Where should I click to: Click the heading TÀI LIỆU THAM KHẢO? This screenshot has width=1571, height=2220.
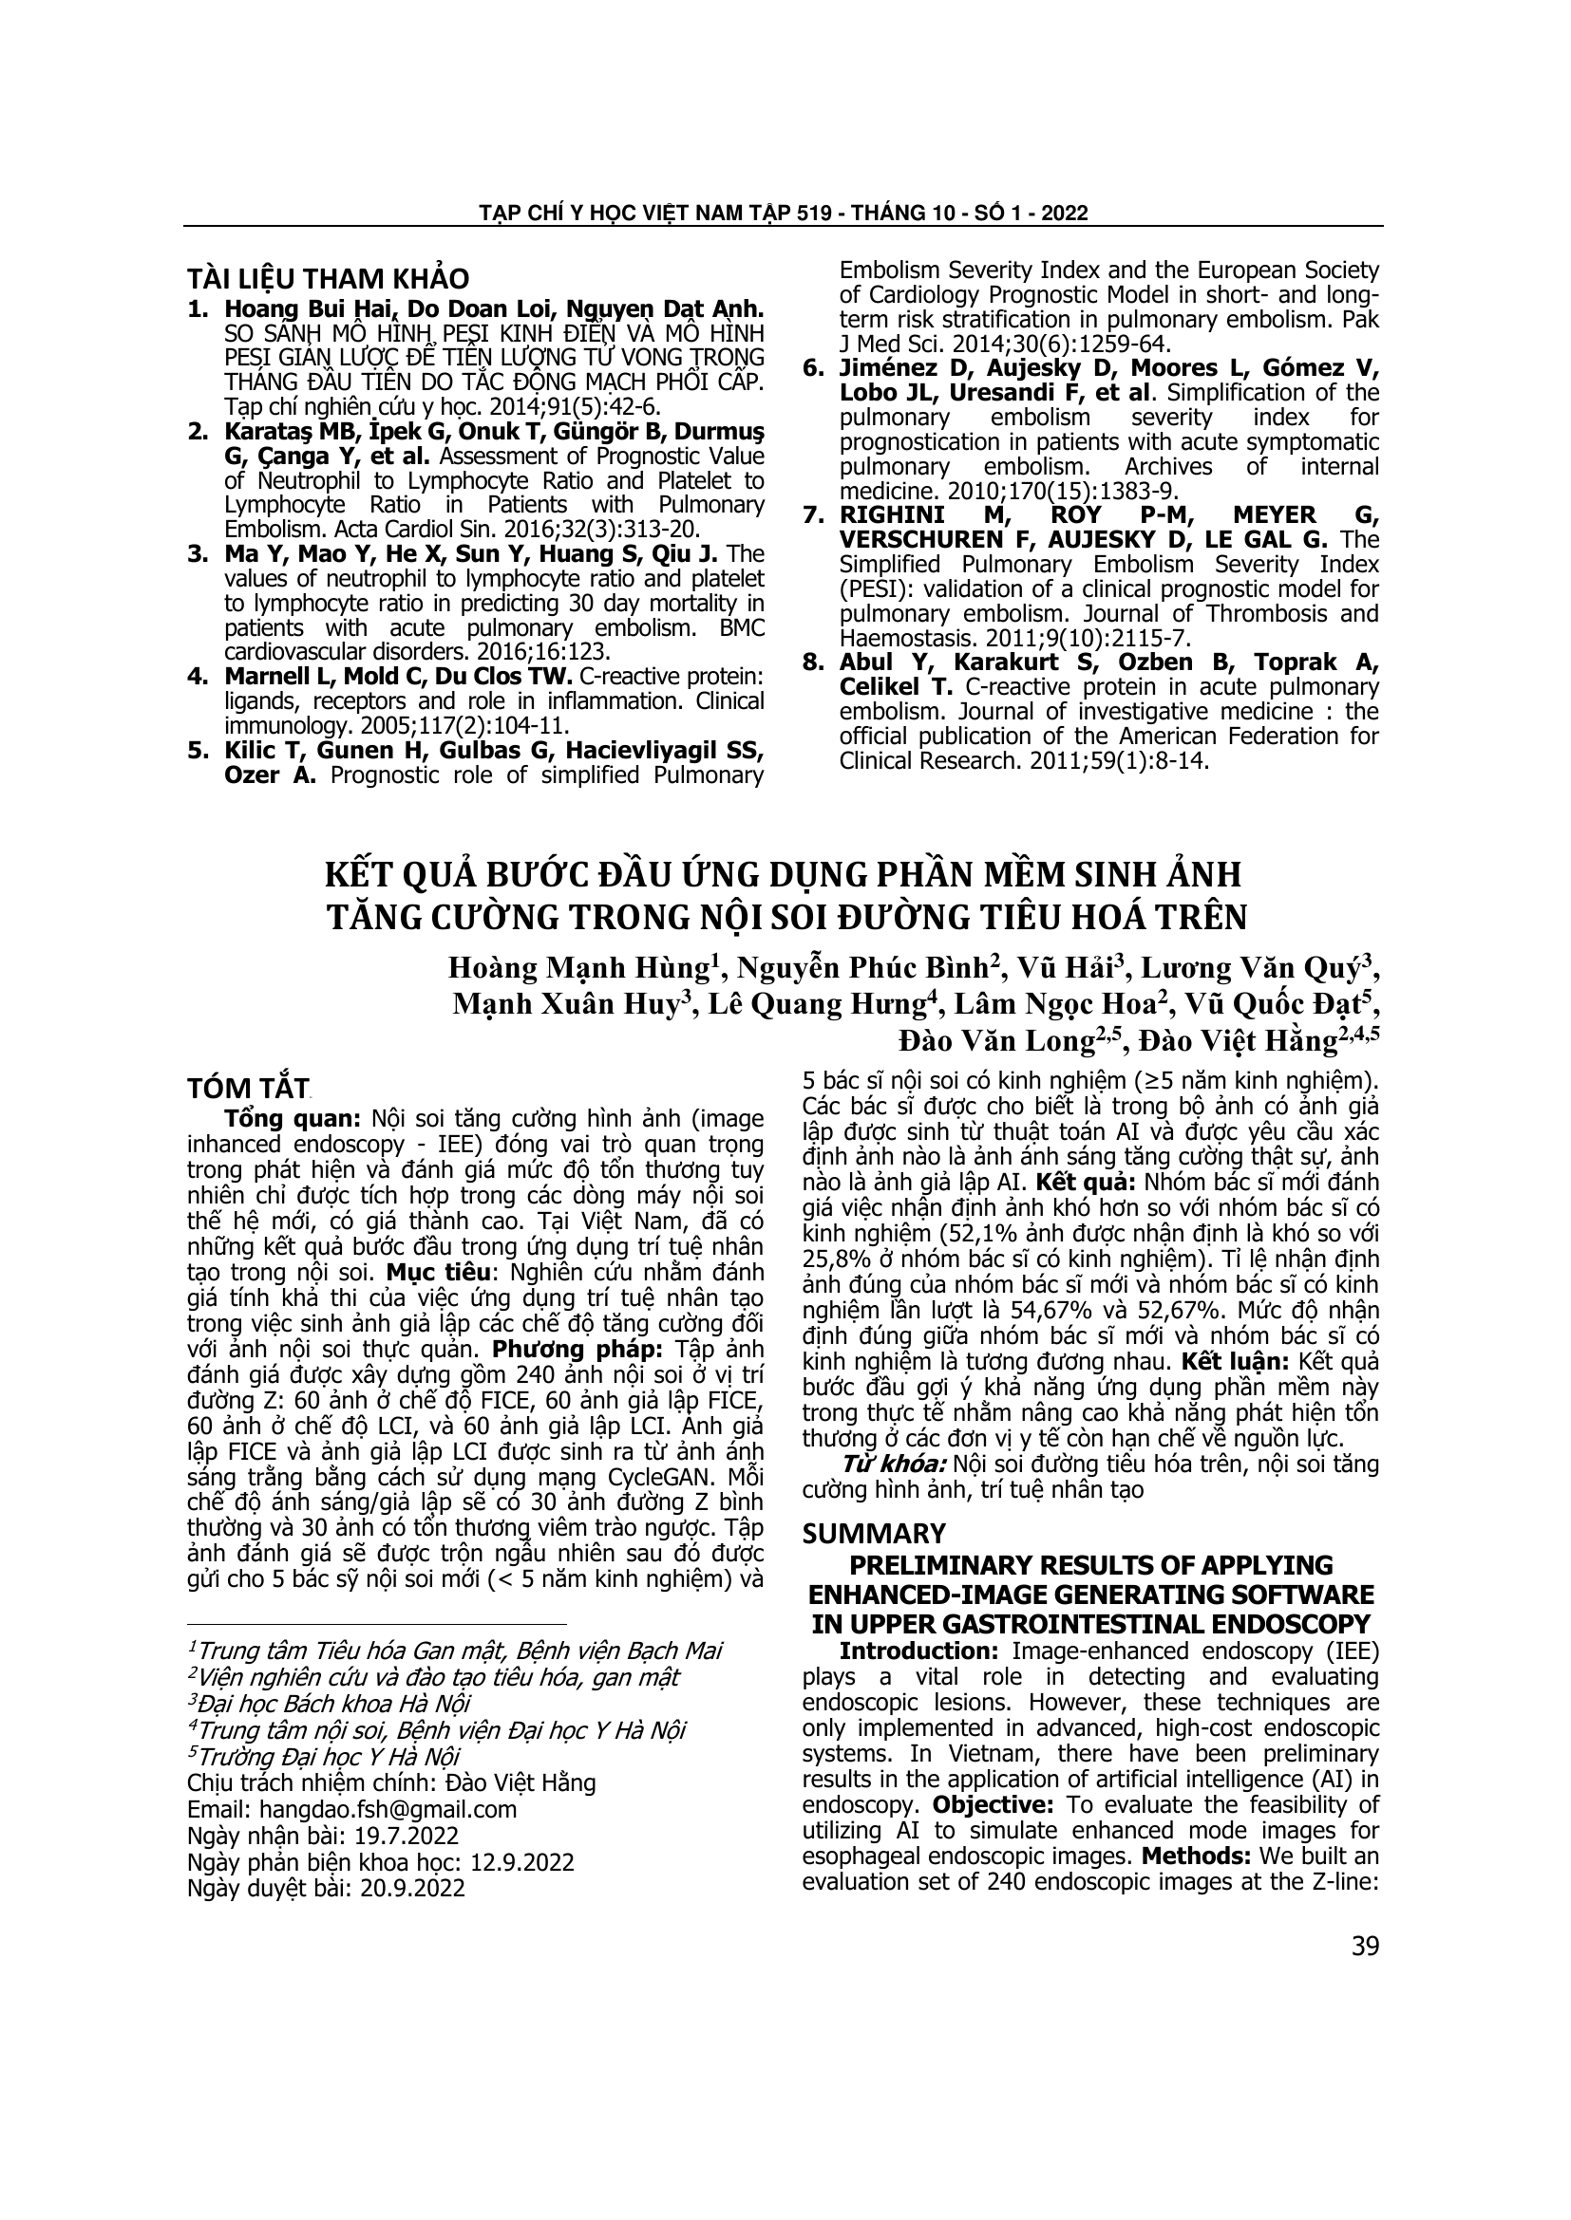(x=328, y=278)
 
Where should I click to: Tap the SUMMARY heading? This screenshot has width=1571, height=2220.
(x=874, y=1534)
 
